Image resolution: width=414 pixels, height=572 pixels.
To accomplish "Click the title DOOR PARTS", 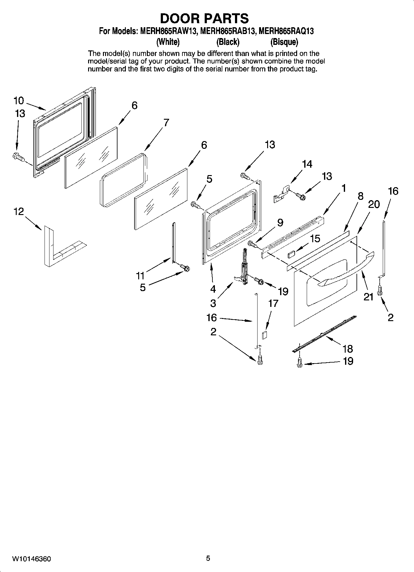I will coord(204,19).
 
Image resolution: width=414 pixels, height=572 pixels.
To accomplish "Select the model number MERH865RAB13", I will coord(228,31).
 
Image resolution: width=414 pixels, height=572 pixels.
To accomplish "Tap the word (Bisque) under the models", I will coord(284,42).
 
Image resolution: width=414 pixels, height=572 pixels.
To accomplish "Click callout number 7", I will coord(166,123).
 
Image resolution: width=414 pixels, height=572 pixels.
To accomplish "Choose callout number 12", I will coord(19,212).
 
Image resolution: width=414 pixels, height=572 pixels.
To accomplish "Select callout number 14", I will coord(307,164).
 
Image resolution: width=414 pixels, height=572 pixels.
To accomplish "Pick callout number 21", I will coord(368,297).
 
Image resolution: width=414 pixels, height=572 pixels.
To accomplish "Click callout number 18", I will coord(348,349).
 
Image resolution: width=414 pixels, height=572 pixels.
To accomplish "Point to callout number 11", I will coord(140,275).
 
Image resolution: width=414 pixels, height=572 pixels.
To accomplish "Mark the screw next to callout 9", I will coord(253,245).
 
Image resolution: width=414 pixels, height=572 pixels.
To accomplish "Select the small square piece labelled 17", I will coord(264,334).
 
